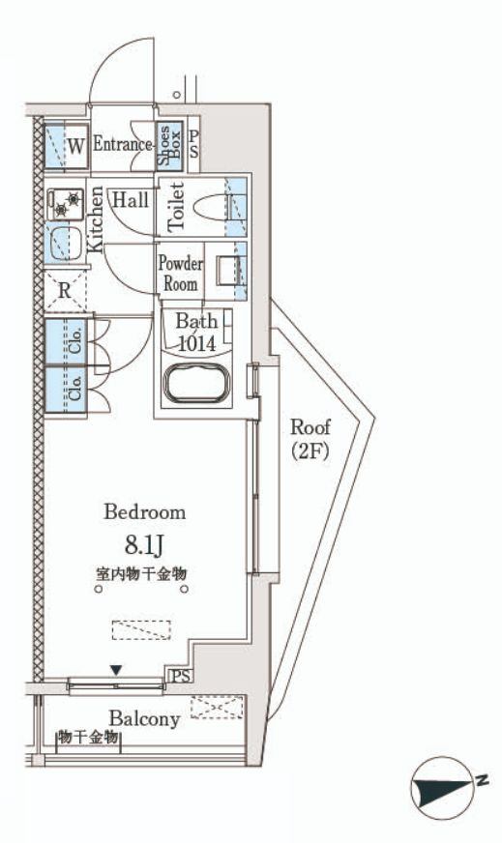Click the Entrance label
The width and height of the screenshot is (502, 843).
point(122,144)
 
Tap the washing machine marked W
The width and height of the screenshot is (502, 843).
point(66,145)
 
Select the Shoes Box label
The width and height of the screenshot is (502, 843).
point(168,145)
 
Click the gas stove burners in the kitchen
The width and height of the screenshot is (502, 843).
point(66,204)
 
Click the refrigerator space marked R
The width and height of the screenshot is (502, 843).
point(65,291)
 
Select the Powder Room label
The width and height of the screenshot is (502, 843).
point(181,274)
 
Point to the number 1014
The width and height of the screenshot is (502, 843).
point(197,343)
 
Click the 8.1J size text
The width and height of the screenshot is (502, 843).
point(144,545)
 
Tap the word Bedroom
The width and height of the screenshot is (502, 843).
point(145,511)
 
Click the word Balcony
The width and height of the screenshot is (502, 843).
point(144,719)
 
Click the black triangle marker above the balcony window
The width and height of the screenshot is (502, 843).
point(116,670)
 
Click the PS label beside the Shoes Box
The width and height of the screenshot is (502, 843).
point(193,145)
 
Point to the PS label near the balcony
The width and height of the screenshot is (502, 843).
point(181,676)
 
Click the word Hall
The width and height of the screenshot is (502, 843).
point(131,200)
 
